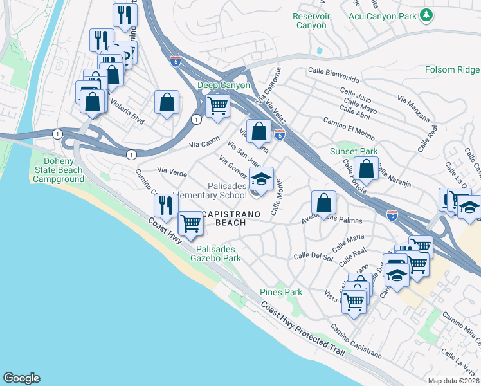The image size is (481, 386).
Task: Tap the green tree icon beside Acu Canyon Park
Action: tap(425, 15)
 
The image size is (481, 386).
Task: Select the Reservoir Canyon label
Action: tap(311, 21)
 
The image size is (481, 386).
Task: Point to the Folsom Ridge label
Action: tap(452, 69)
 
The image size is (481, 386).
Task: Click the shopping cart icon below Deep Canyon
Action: tap(218, 104)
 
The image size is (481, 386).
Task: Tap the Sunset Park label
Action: tap(353, 151)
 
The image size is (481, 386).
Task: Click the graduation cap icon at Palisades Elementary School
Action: tap(261, 178)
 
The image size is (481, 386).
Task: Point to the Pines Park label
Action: tap(281, 292)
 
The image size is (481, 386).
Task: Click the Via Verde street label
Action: tap(172, 172)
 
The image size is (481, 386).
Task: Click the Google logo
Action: tap(21, 378)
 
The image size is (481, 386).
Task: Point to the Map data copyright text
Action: tap(454, 381)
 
